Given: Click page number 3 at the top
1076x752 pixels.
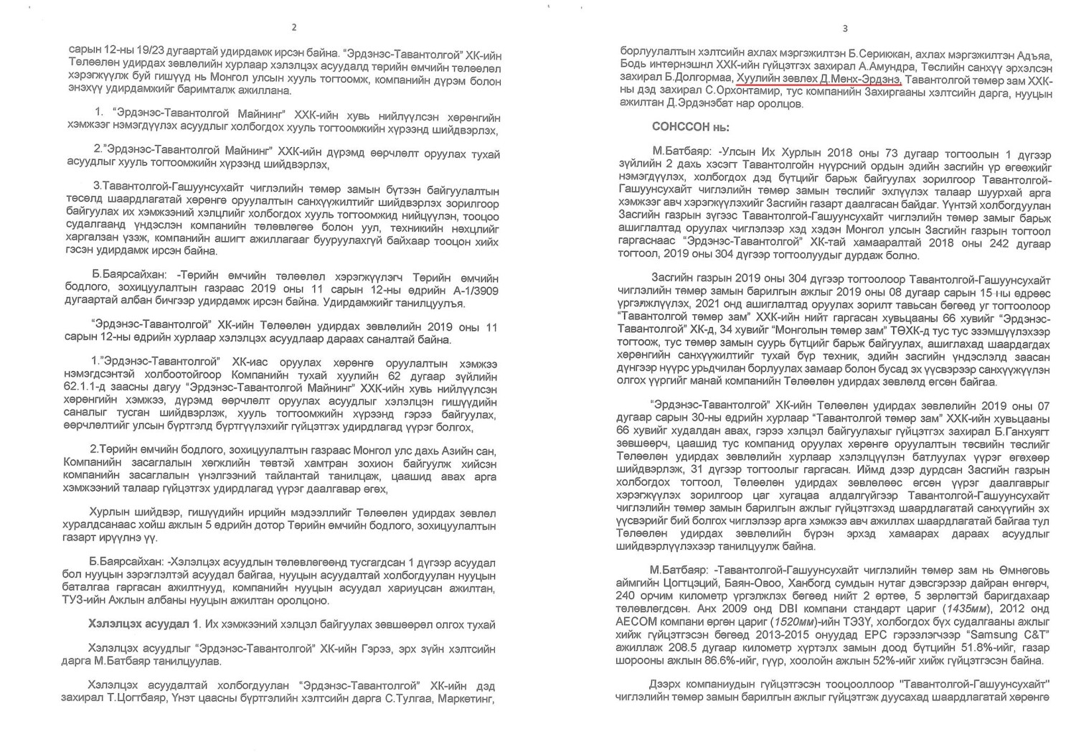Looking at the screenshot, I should (x=844, y=29).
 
